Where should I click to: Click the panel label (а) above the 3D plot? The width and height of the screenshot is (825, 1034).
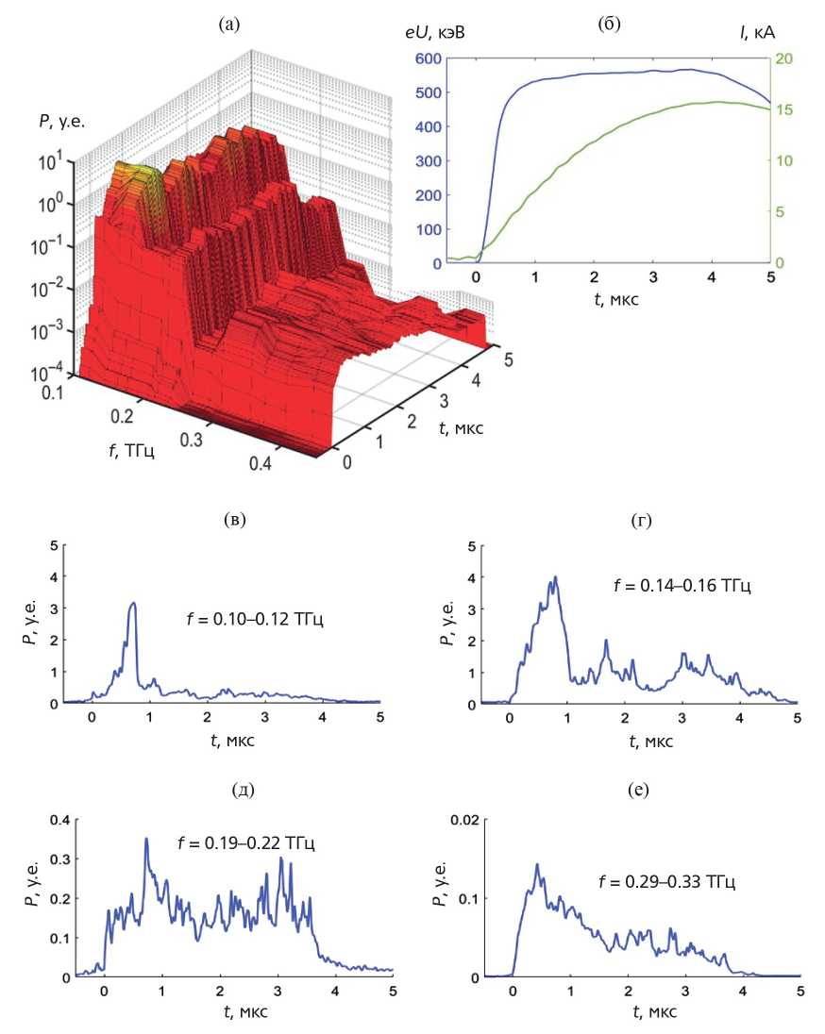(x=227, y=26)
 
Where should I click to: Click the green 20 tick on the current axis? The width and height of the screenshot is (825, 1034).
(x=783, y=58)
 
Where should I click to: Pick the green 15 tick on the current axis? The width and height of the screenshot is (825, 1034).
(x=783, y=109)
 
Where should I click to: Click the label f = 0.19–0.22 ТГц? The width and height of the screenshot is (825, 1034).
(x=245, y=842)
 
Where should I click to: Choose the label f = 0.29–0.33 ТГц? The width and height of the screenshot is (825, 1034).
(x=666, y=883)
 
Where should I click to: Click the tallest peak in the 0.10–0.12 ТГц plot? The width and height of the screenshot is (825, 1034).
(x=134, y=604)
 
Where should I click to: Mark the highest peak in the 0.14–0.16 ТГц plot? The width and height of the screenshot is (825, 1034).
(x=556, y=577)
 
